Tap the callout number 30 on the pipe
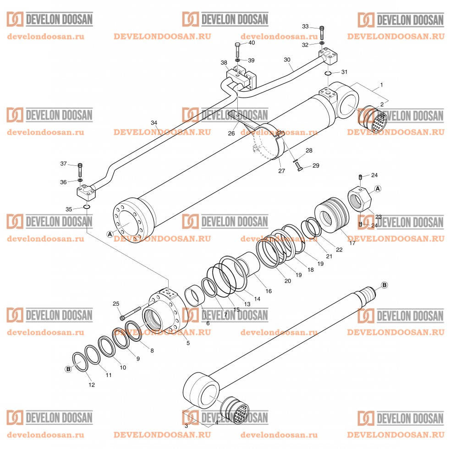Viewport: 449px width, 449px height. coord(287,60)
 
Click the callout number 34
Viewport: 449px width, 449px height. coord(154,123)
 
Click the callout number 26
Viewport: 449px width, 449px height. coord(231,133)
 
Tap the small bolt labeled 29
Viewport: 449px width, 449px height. coord(299,168)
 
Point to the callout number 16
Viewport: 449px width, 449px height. coord(268,291)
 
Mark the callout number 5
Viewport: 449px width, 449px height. coord(188,343)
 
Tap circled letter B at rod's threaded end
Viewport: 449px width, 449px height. coord(384,285)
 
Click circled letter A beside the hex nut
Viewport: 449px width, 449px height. coord(378,188)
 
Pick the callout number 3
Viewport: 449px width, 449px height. coord(186,426)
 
